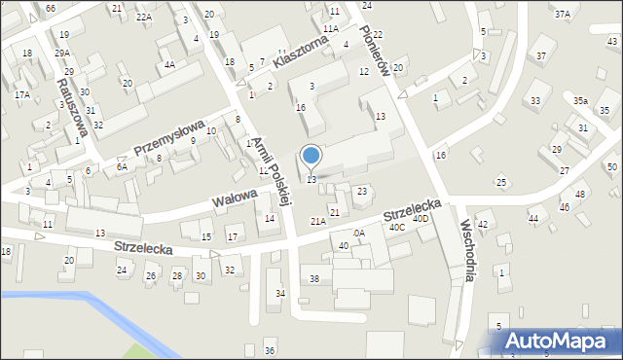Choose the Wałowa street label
234,198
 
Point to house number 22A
144,18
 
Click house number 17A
21,95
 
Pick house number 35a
580,101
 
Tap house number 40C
396,227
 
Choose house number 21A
318,222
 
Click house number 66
51,8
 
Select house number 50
611,167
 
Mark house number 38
314,279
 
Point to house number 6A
122,167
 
